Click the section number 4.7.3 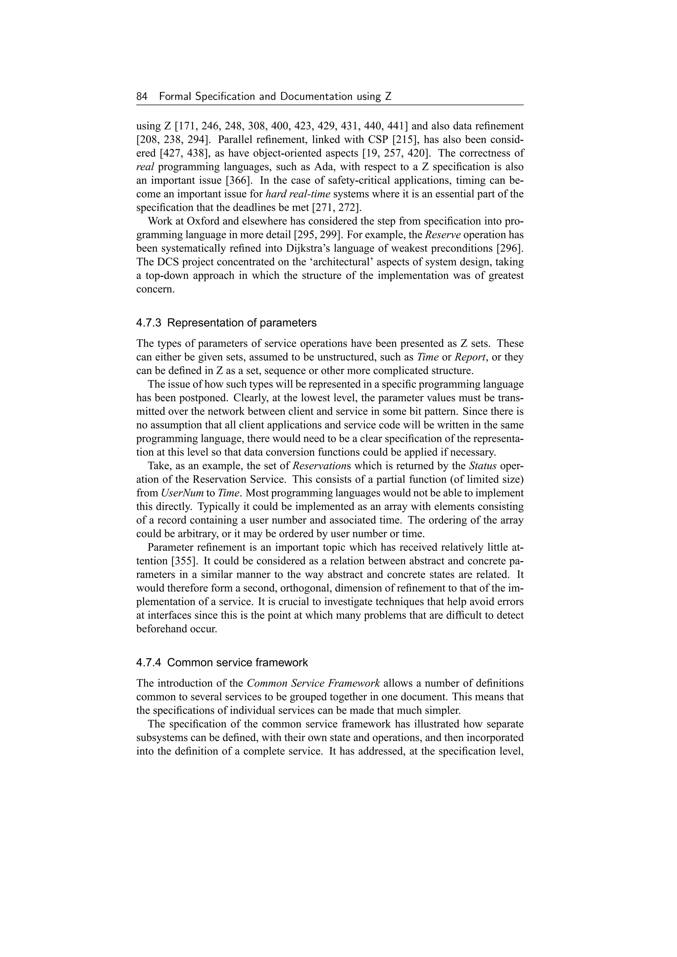click(x=150, y=323)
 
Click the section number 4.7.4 click(x=150, y=663)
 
